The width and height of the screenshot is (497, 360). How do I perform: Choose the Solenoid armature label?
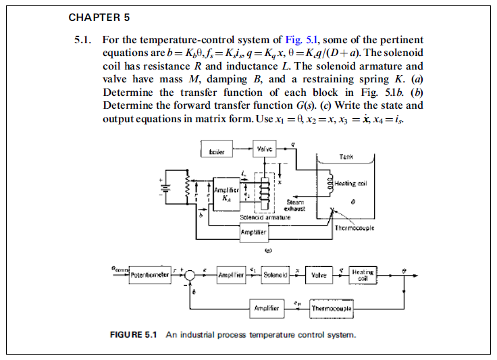[265, 217]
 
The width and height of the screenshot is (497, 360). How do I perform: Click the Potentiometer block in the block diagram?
[150, 275]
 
